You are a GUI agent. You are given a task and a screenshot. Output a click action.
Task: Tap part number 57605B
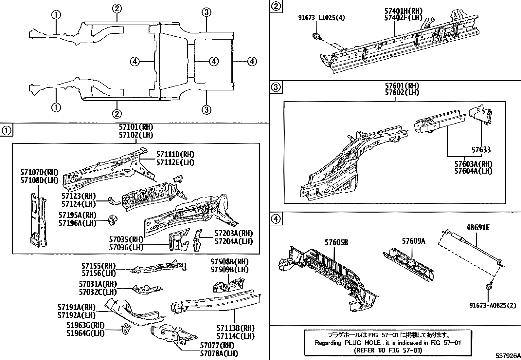click(x=336, y=242)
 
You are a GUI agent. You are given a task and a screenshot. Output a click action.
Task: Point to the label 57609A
click(x=413, y=241)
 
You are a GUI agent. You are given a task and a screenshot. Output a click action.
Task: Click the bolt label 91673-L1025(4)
click(x=321, y=18)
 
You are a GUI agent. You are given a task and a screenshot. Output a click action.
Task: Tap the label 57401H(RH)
click(x=403, y=11)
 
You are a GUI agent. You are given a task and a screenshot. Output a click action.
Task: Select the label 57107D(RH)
click(x=39, y=172)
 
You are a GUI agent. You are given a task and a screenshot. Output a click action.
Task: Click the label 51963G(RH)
click(x=81, y=325)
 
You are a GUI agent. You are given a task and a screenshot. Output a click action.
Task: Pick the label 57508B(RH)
click(x=229, y=262)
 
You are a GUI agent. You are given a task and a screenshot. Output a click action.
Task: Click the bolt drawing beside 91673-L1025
click(x=316, y=36)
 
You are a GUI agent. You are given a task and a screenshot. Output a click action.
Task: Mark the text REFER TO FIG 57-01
click(x=388, y=350)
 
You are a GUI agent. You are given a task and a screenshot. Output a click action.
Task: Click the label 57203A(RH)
click(x=234, y=233)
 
